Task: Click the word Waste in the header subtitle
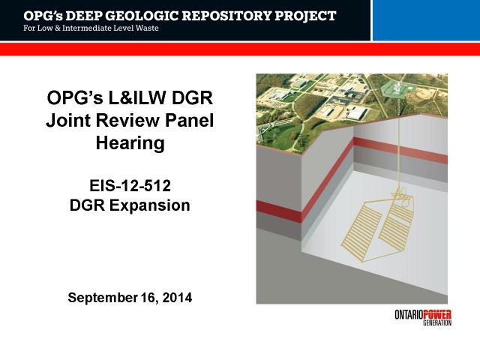point(147,28)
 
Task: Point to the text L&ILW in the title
point(136,98)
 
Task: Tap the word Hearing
point(130,143)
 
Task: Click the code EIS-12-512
point(130,186)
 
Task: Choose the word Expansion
point(150,205)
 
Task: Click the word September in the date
point(103,298)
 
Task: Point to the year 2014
point(177,298)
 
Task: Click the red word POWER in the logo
point(437,314)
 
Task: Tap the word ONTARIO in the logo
point(409,314)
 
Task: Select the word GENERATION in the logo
point(437,322)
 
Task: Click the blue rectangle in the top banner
point(426,20)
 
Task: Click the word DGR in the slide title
point(192,98)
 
